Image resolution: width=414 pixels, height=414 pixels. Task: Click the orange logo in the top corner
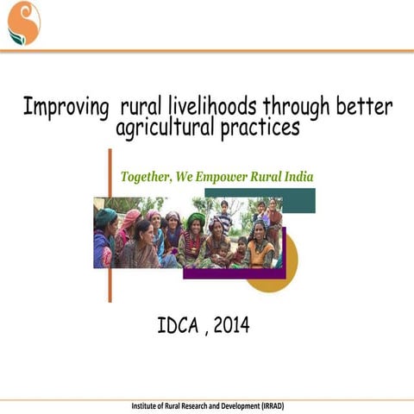click(x=24, y=23)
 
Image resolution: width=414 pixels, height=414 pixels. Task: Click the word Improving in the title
click(x=66, y=108)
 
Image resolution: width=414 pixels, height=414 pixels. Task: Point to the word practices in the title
click(x=260, y=129)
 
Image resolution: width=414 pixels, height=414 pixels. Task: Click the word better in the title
click(x=364, y=106)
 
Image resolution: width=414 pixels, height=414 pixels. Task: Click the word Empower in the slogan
click(x=222, y=177)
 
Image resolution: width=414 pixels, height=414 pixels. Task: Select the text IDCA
click(x=178, y=325)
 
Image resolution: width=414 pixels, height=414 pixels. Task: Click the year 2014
click(x=231, y=325)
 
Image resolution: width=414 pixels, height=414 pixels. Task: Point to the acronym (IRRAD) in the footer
click(x=273, y=406)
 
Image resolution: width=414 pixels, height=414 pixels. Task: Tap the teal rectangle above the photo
click(x=298, y=200)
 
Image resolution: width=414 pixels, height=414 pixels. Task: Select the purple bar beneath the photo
click(x=235, y=273)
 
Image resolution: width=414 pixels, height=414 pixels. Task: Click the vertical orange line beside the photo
click(x=110, y=226)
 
